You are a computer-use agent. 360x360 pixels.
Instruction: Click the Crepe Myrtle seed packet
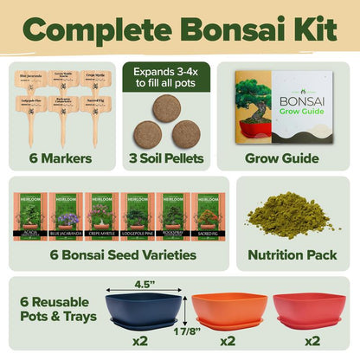coord(101,219)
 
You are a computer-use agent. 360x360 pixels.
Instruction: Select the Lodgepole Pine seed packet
coord(137,219)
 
